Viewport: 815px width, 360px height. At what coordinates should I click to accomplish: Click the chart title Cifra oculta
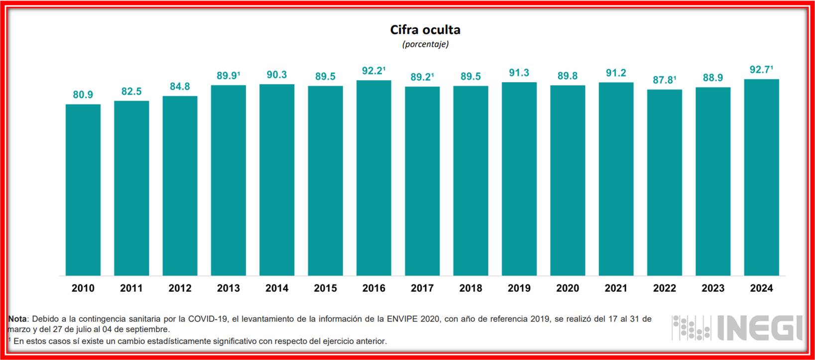point(425,30)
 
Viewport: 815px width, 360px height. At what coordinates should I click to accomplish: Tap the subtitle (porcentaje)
point(425,44)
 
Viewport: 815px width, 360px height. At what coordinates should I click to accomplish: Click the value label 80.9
point(83,95)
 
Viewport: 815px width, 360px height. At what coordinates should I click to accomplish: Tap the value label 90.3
point(277,75)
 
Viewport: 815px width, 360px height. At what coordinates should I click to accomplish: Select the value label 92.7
point(760,70)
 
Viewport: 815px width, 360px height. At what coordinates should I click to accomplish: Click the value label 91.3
point(519,73)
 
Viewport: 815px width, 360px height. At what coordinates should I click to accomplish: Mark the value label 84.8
point(180,87)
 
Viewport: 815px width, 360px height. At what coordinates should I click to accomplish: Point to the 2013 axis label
point(229,288)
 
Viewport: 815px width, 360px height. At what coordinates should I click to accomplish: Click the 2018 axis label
point(470,288)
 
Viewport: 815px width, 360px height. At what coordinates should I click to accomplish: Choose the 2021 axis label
point(616,288)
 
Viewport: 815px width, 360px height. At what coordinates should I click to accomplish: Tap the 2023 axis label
point(713,288)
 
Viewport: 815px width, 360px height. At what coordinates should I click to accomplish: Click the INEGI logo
point(737,328)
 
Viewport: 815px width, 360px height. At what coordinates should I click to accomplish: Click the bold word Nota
point(18,319)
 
